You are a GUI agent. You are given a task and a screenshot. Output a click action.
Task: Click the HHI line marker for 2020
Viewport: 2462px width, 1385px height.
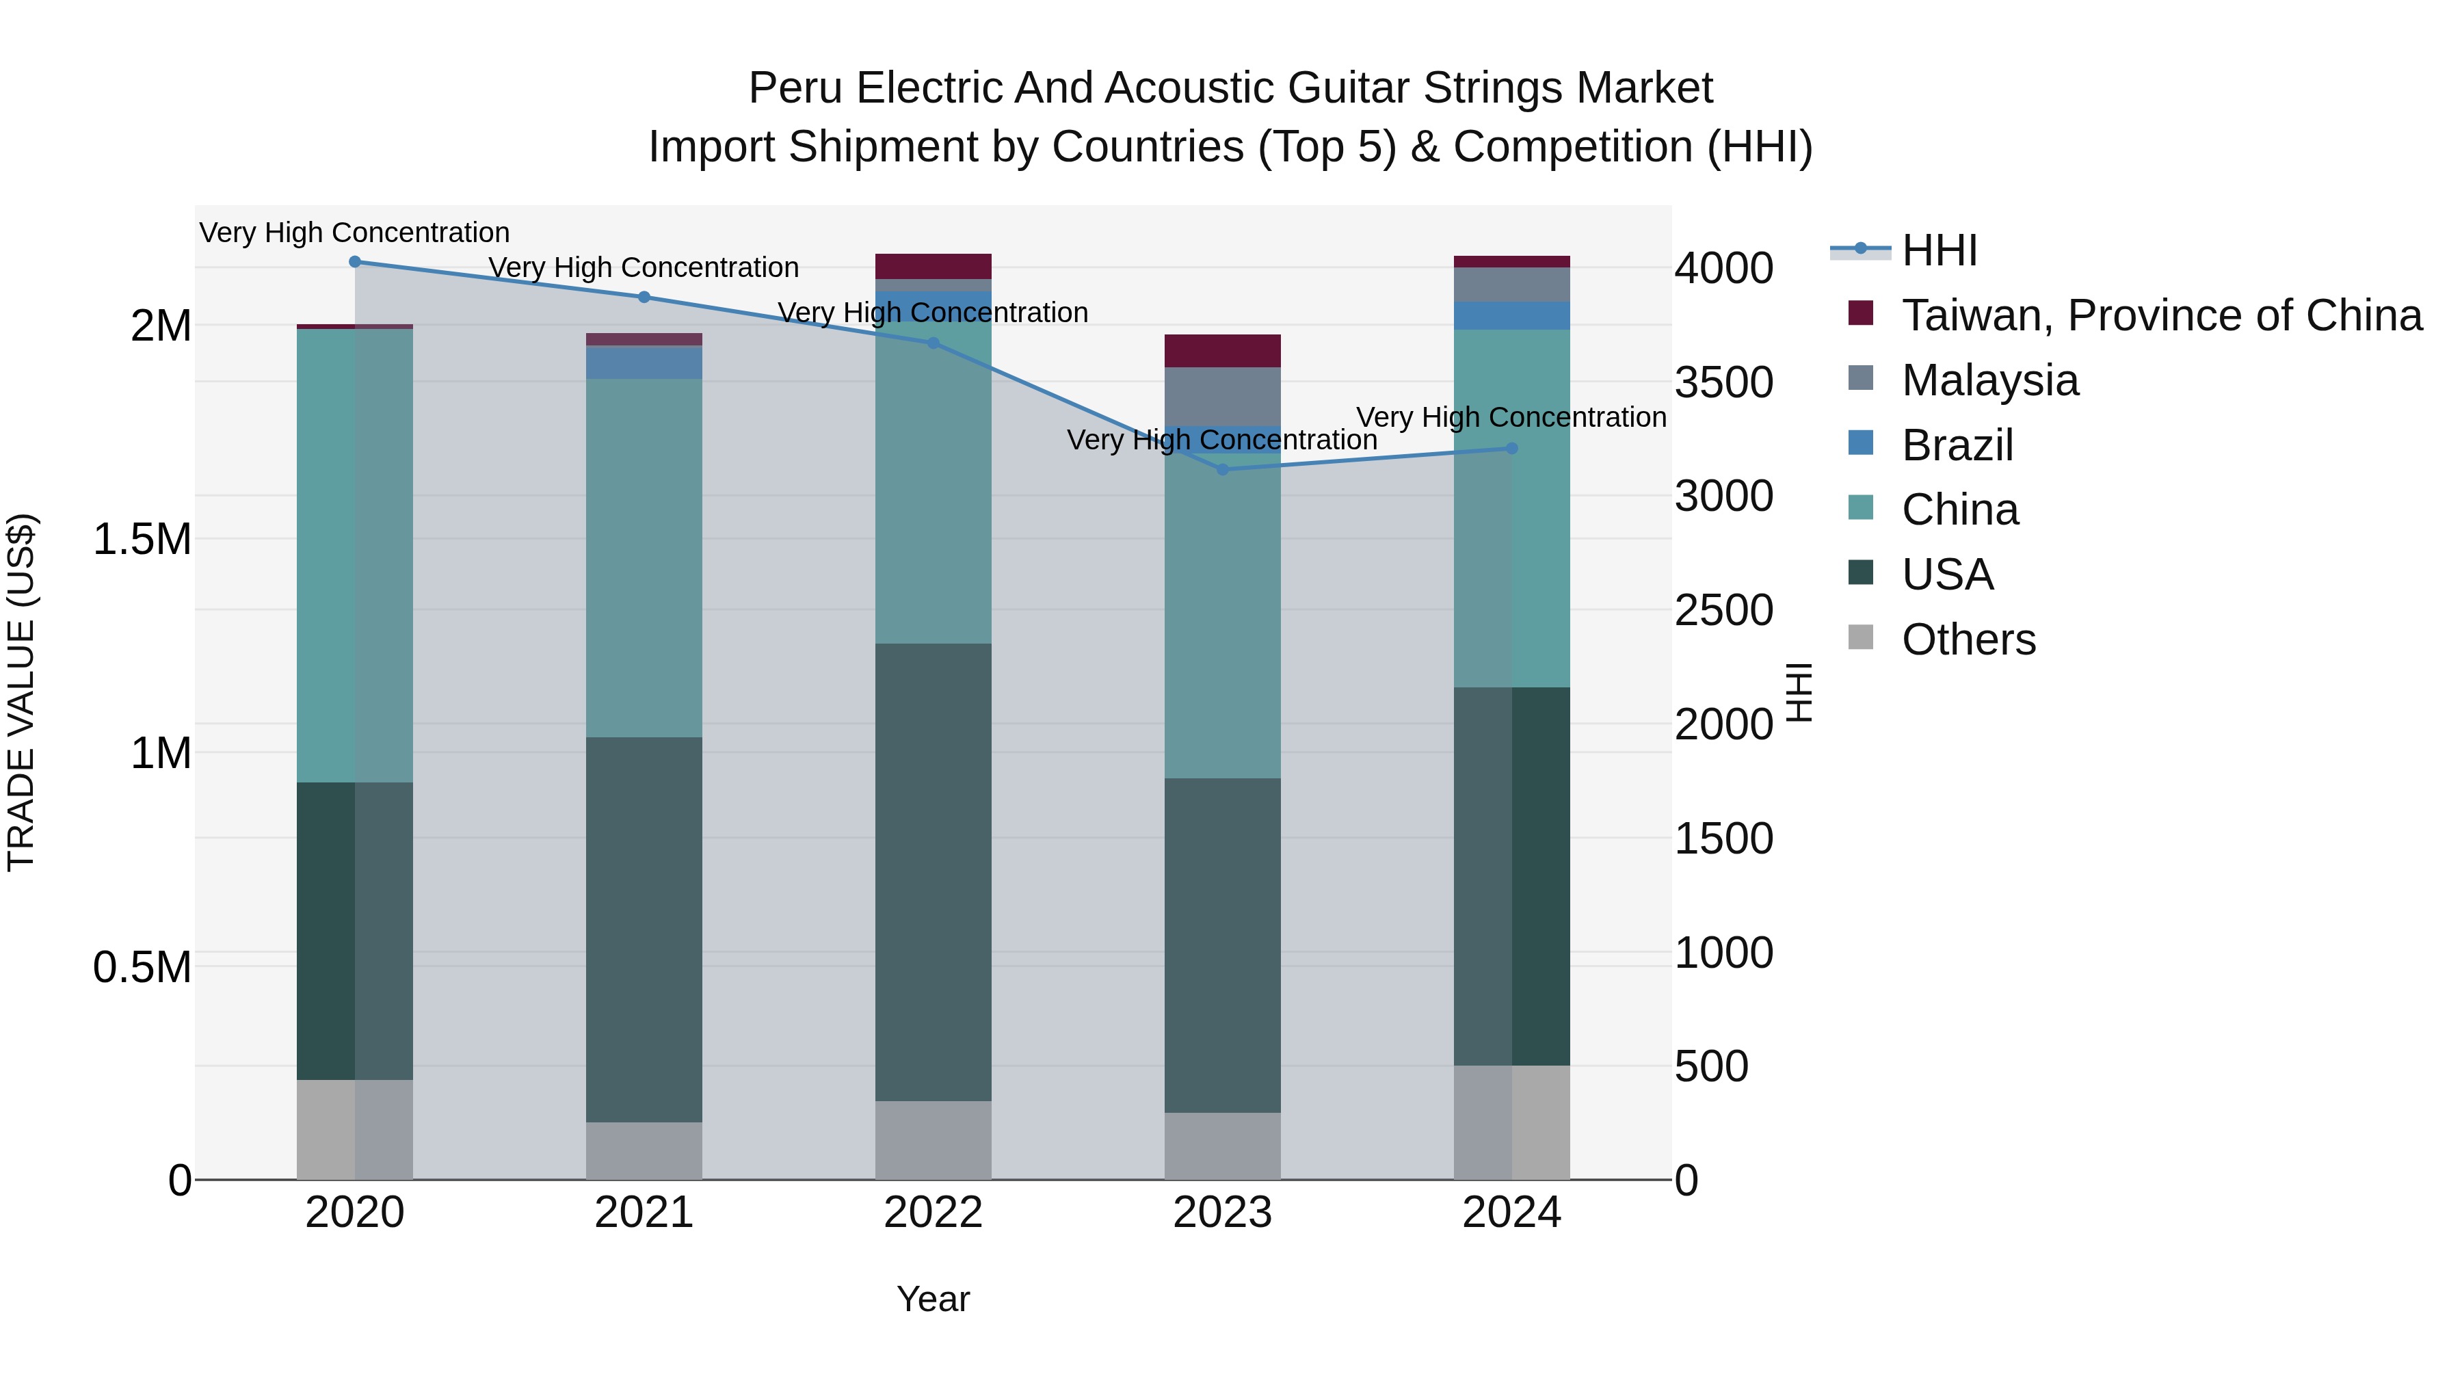tap(354, 262)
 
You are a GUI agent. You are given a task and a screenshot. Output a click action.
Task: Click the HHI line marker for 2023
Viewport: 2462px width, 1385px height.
tap(1222, 469)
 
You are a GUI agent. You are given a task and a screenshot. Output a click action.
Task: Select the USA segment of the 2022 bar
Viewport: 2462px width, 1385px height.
tap(933, 872)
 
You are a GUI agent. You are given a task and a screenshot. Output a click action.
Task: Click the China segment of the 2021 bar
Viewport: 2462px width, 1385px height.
tap(644, 557)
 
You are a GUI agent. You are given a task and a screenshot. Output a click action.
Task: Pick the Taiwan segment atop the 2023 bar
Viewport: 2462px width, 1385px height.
tap(1222, 351)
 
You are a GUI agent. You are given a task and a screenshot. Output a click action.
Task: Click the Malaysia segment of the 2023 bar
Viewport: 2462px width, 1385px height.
tap(1222, 396)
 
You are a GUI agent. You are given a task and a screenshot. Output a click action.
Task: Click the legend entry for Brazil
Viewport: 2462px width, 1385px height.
tap(1957, 445)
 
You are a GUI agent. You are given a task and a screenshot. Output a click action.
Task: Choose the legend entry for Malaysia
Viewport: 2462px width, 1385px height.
tap(1990, 380)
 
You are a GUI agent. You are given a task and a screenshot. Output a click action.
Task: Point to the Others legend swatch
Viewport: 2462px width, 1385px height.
tap(1861, 637)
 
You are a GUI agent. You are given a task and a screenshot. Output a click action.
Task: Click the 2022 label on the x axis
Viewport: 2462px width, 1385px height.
tap(933, 1213)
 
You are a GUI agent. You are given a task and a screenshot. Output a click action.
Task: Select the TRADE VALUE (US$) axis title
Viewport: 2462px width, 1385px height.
tap(21, 692)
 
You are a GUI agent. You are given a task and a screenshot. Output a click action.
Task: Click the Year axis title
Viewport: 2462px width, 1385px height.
tap(933, 1299)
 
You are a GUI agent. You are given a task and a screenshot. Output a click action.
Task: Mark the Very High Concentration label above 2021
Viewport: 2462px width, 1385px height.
tap(644, 267)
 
